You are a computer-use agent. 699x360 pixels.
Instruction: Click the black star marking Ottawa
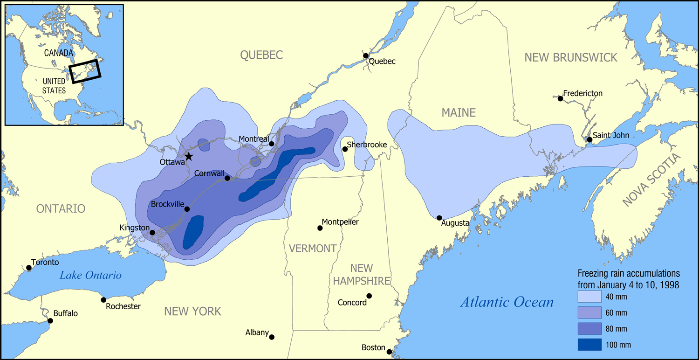tap(188, 156)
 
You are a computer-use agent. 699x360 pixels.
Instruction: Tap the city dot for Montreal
tap(272, 144)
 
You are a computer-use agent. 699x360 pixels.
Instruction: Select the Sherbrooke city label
tap(367, 145)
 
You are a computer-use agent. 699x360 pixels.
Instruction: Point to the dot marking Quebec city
tap(366, 56)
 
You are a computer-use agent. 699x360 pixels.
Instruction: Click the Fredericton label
tap(582, 93)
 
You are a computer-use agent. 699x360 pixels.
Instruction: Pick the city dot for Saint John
tap(589, 139)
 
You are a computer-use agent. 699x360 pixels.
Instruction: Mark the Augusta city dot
tap(439, 218)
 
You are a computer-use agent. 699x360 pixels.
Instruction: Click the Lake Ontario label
tap(90, 275)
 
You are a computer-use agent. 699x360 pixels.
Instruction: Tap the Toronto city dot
tap(29, 268)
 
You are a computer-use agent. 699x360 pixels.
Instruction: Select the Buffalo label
tap(65, 313)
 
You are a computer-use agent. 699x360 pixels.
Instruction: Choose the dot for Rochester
tap(103, 300)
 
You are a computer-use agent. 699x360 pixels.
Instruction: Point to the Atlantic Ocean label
tap(507, 302)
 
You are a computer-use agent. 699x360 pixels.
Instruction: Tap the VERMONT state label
tap(312, 249)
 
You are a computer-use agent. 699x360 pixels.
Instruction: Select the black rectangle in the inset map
tap(85, 71)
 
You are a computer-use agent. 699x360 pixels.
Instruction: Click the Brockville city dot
tap(187, 209)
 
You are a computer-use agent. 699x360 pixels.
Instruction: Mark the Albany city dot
tap(272, 337)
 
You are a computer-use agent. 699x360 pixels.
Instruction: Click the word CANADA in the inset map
tap(59, 53)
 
